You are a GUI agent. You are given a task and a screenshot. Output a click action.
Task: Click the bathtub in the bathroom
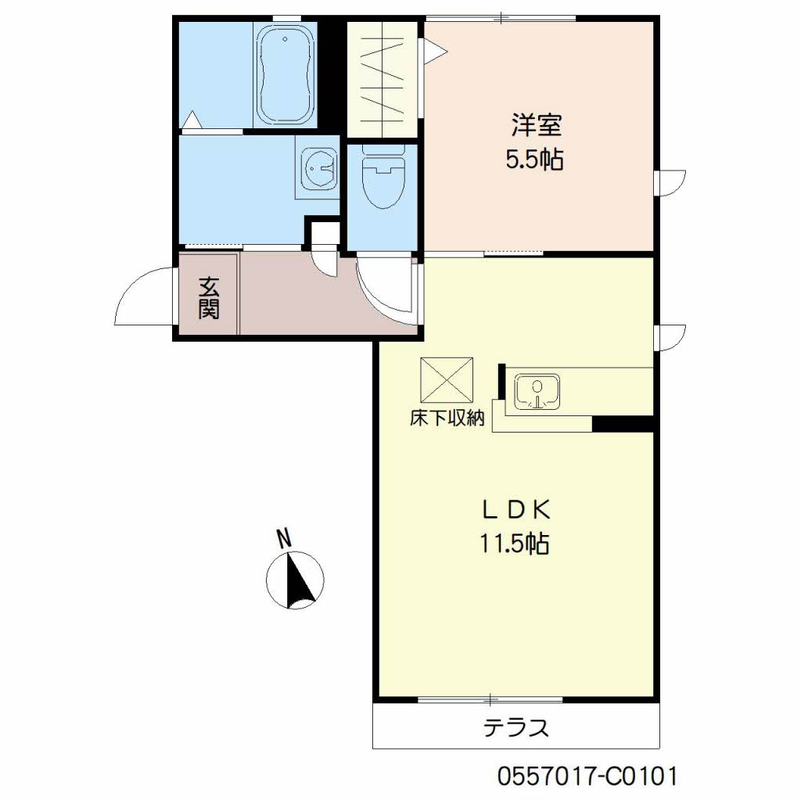tap(285, 74)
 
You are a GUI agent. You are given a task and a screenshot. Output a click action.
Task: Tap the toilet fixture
tap(383, 177)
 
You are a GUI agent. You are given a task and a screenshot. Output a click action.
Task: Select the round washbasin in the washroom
tap(320, 167)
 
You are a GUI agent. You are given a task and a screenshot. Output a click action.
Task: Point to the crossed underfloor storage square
tap(447, 380)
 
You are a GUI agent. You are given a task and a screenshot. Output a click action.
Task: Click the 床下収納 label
tap(447, 418)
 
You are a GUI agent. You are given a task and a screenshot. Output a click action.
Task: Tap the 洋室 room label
tap(537, 126)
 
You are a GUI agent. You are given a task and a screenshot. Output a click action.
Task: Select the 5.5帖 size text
tap(535, 160)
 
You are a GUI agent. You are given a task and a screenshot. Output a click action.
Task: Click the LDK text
tap(515, 510)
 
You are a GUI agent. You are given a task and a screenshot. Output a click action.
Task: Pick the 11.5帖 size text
tap(514, 544)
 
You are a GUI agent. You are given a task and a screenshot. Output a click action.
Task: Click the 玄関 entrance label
tap(209, 298)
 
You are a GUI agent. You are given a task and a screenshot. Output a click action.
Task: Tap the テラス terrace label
tap(516, 727)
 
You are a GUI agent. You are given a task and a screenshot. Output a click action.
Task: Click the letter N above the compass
tap(283, 538)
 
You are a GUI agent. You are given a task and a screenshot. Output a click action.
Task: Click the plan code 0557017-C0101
tap(587, 776)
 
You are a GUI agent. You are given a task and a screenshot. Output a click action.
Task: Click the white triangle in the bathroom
tap(192, 120)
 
